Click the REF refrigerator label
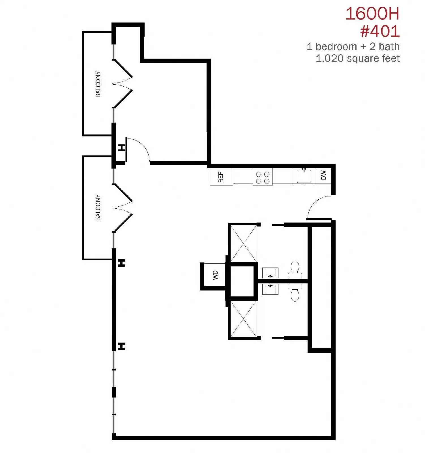pos(221,177)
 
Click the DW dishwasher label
pos(324,175)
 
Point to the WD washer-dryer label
pos(215,275)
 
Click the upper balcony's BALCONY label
pos(98,84)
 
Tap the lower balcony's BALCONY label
pos(98,207)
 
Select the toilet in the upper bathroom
pos(295,270)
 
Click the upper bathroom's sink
pos(270,273)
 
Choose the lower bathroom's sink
pos(270,289)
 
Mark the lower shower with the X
pos(243,319)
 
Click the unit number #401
pos(380,31)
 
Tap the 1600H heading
pos(372,14)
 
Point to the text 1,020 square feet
pos(358,58)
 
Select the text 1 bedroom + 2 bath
pos(353,46)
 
